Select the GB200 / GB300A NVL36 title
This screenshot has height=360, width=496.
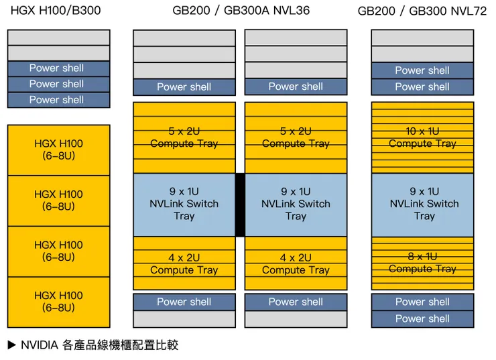click(241, 10)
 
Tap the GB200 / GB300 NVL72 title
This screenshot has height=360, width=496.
click(422, 11)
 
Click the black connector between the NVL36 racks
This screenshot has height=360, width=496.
click(240, 204)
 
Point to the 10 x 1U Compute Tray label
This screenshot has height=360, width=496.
click(422, 137)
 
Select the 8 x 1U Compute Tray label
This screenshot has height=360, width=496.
click(422, 262)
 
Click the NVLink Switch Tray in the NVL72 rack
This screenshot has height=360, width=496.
click(423, 204)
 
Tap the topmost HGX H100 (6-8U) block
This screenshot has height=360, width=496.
click(58, 149)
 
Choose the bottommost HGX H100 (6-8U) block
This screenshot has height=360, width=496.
click(58, 302)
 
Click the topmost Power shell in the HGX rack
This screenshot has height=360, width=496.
click(57, 68)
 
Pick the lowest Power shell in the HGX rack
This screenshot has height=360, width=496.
click(57, 100)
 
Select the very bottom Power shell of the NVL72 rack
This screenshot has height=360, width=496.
click(422, 318)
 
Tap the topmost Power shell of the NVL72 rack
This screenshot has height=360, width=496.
click(422, 70)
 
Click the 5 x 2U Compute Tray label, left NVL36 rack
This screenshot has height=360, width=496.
click(184, 137)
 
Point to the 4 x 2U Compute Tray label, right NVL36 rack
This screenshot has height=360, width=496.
click(296, 263)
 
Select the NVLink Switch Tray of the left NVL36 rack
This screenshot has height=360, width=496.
click(184, 204)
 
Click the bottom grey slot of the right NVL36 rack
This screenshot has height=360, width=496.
click(296, 319)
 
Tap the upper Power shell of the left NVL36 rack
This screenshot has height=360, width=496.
click(184, 87)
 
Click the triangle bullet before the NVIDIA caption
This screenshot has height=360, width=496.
click(11, 346)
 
